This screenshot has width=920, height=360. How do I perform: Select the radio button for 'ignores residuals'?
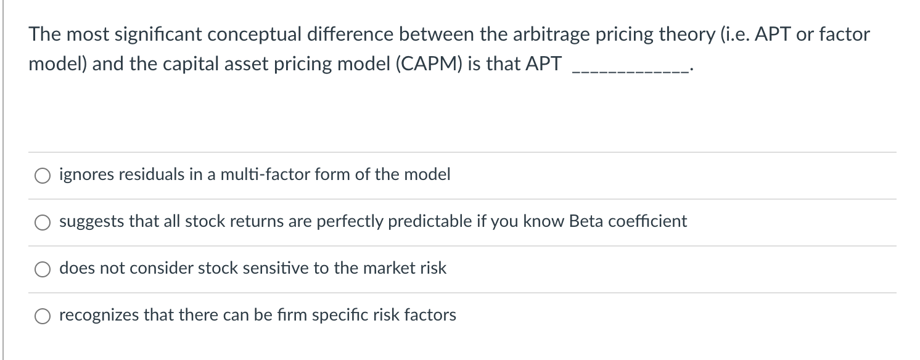click(x=43, y=175)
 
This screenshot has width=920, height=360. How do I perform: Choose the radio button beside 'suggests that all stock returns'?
click(x=43, y=222)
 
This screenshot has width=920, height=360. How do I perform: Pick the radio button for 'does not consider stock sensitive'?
click(x=43, y=269)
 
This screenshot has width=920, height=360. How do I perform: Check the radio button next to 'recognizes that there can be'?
click(x=43, y=316)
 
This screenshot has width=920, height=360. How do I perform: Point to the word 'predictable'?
click(x=424, y=221)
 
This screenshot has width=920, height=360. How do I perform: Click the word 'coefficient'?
click(x=647, y=221)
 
